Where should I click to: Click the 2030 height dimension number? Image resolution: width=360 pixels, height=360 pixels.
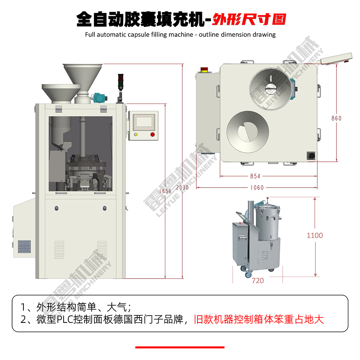click(182, 188)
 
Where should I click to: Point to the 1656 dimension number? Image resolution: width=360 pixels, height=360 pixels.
click(165, 191)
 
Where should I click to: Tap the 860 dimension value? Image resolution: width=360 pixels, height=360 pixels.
click(337, 118)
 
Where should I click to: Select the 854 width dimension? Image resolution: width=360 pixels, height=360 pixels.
click(255, 176)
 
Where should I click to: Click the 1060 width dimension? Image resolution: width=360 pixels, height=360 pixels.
click(257, 188)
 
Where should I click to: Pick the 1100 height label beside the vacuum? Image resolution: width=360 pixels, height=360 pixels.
click(315, 235)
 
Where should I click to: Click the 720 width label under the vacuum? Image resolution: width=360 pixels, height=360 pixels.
click(258, 280)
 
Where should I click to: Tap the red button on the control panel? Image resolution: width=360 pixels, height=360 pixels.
click(152, 135)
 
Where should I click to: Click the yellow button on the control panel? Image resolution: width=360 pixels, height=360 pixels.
click(136, 135)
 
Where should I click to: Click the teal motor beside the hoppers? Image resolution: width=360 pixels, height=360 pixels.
click(99, 97)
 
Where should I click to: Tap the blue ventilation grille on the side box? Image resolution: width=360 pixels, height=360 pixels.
click(24, 247)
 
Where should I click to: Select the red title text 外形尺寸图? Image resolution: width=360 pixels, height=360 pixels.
click(249, 19)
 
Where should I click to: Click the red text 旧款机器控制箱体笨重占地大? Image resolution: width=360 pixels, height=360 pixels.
click(259, 319)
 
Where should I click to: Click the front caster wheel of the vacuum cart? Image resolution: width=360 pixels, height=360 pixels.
click(248, 274)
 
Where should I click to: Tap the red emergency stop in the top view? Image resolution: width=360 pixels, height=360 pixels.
click(204, 70)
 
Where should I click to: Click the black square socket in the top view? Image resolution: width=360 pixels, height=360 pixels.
click(311, 156)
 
